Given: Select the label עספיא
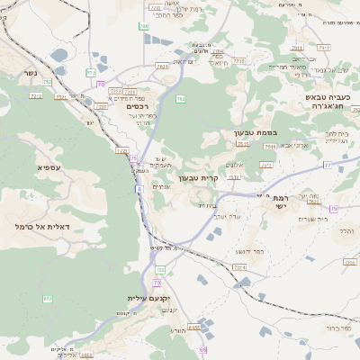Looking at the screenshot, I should point(49,167).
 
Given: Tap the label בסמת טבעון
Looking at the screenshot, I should point(249,133).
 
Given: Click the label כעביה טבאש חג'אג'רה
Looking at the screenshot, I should point(327,104).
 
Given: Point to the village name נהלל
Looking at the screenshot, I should point(346,230).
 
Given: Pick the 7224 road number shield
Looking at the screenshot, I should point(240,267).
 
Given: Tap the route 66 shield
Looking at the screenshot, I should point(203,349).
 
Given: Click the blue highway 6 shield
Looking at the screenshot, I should point(139,189).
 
